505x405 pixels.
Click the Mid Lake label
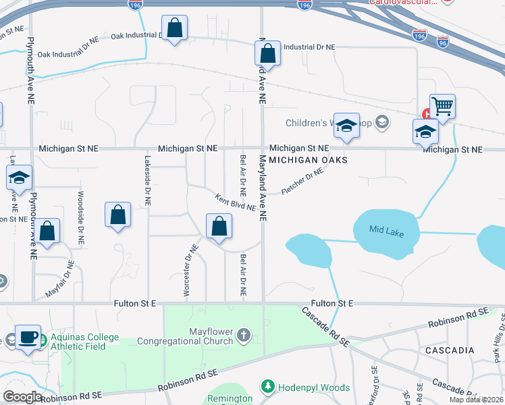coord(386,231)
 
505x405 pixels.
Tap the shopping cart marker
coord(442,105)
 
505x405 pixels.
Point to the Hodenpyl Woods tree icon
coord(268,387)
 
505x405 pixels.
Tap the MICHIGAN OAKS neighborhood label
coord(308,160)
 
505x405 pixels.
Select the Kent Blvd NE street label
coord(235,202)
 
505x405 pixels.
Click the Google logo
coord(22,397)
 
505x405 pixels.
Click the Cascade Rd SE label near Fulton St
coord(325,327)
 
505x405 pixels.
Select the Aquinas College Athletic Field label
coord(80,342)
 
